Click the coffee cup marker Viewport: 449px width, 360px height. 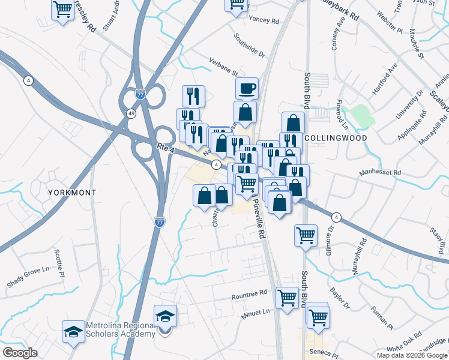pos(247,89)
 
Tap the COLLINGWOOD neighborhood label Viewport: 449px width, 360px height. pos(335,137)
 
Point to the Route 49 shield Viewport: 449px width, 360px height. pos(131,113)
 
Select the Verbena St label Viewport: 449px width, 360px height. pos(223,64)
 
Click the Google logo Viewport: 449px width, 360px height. pos(20,352)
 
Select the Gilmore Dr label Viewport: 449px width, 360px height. pos(330,236)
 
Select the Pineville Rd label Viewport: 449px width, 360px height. pos(260,223)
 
